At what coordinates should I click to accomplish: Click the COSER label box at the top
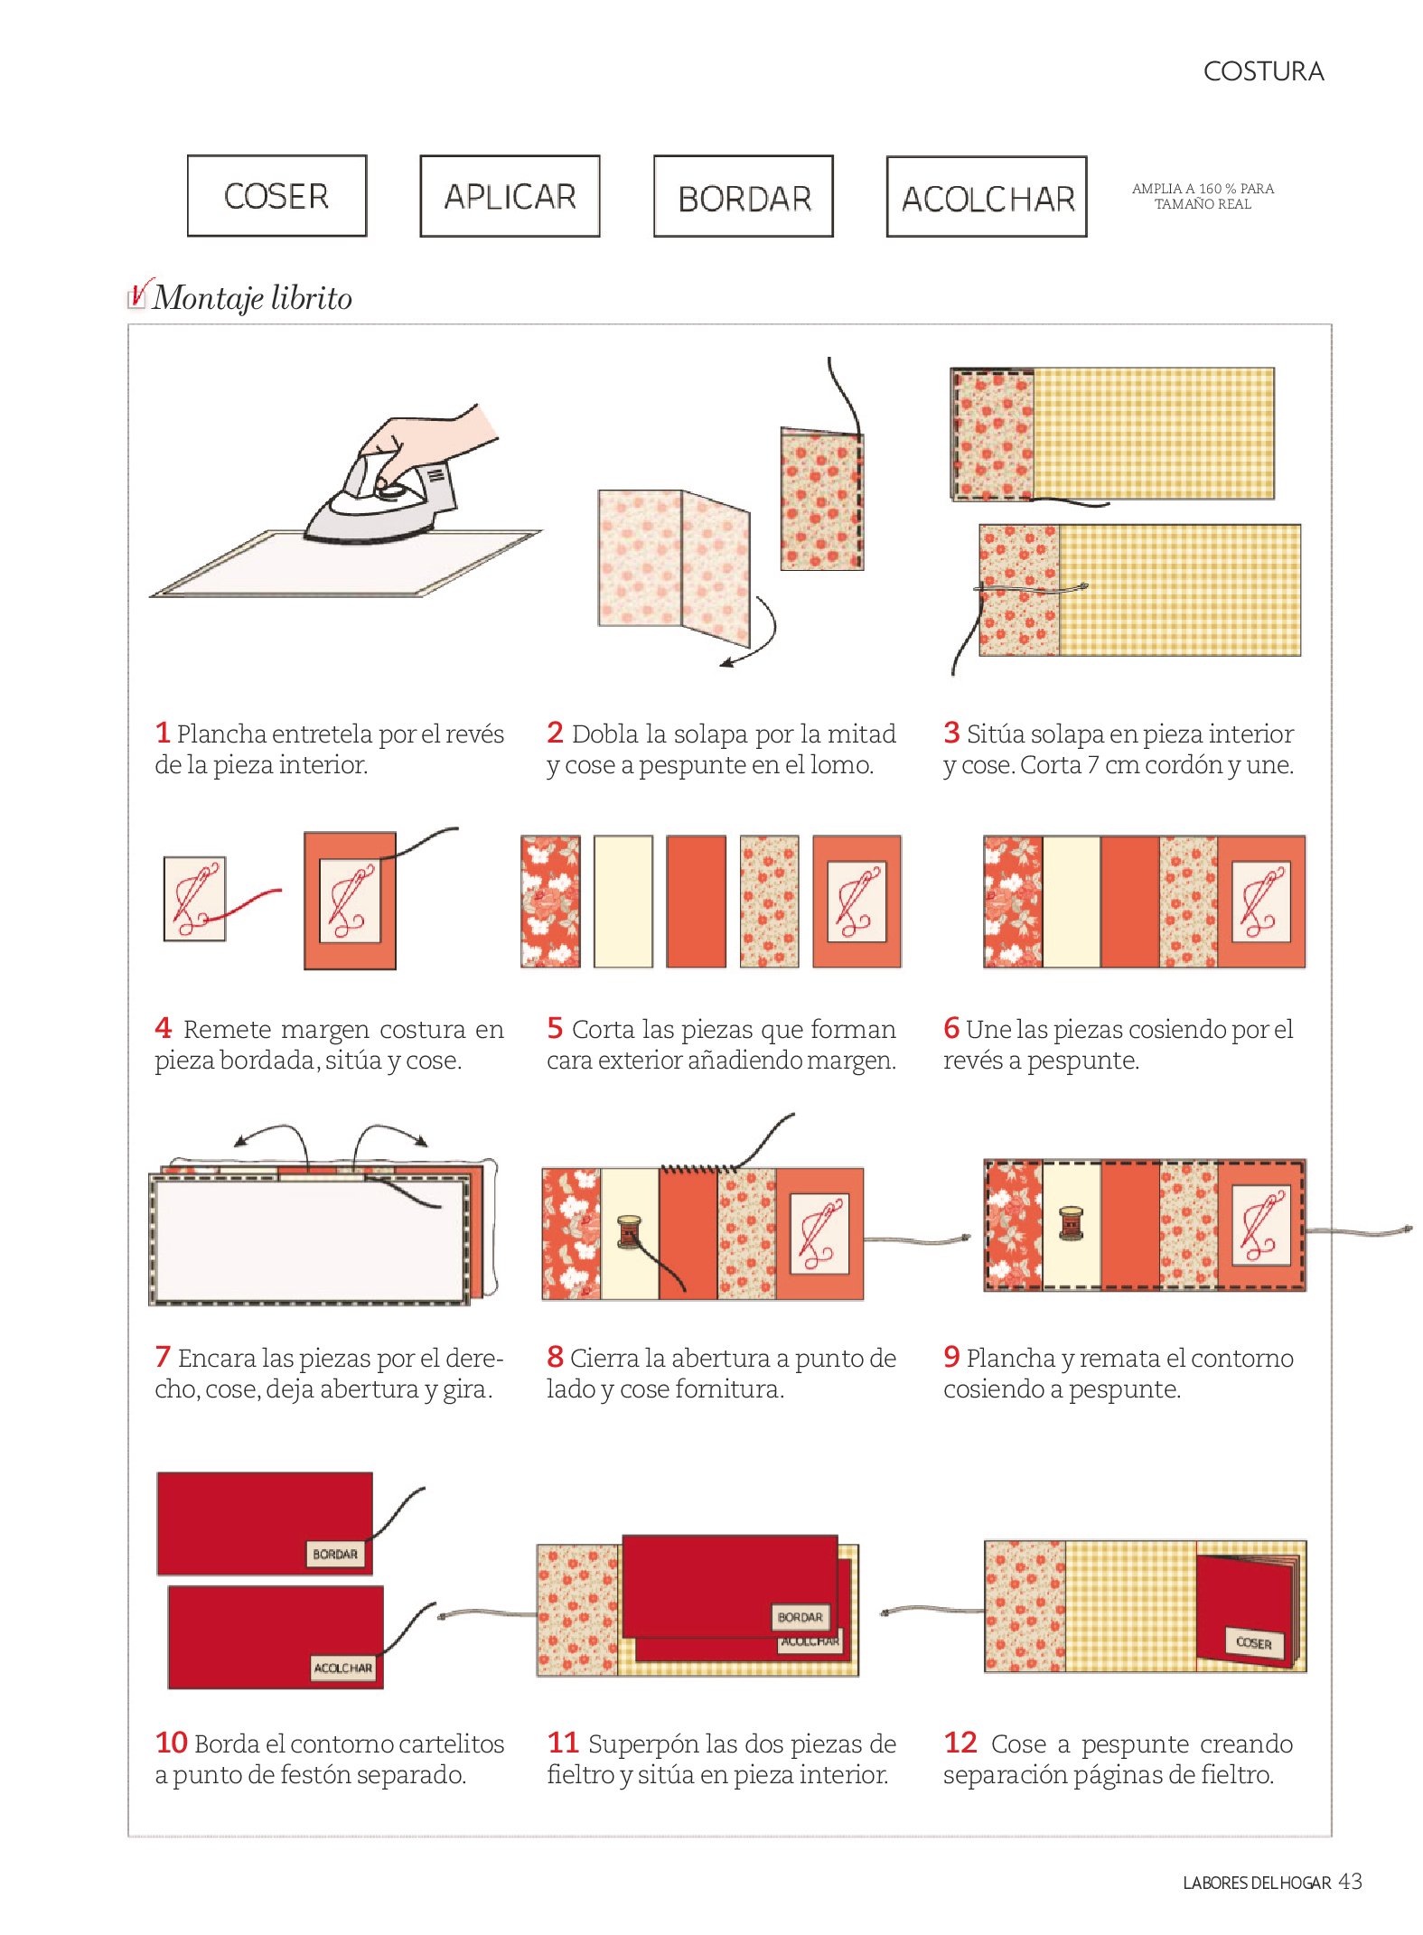[x=276, y=196]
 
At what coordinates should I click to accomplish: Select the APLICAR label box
[x=510, y=196]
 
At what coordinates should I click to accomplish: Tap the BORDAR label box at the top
[x=744, y=197]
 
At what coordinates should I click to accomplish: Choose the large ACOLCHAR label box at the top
[x=987, y=197]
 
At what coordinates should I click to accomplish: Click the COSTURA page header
[x=1263, y=71]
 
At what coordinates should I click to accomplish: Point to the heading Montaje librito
[x=252, y=297]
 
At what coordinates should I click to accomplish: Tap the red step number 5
[x=555, y=1027]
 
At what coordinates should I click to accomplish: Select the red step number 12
[x=960, y=1742]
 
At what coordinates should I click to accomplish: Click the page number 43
[x=1350, y=1881]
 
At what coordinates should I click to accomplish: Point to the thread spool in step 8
[x=629, y=1231]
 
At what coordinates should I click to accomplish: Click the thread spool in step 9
[x=1071, y=1223]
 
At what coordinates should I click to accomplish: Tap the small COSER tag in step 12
[x=1254, y=1642]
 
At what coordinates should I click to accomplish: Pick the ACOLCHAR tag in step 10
[x=342, y=1668]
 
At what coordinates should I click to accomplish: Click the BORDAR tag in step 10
[x=335, y=1554]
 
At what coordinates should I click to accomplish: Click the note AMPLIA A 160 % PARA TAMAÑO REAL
[x=1203, y=196]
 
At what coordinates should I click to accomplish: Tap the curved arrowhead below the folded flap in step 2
[x=728, y=663]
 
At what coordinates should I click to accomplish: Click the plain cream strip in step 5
[x=623, y=902]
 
